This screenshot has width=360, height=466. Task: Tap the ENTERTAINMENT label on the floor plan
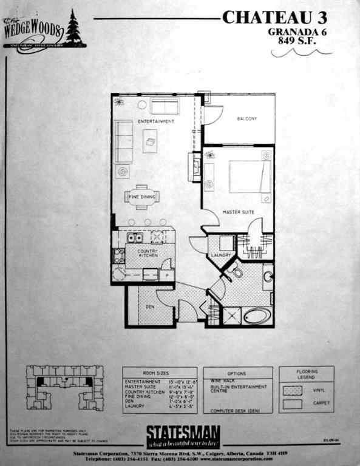tap(156, 122)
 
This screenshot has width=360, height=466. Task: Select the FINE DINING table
tap(141, 197)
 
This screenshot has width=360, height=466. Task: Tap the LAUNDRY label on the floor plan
tap(222, 255)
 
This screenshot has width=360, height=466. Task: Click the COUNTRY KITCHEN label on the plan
tap(148, 253)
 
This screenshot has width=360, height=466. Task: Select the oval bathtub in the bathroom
tap(257, 316)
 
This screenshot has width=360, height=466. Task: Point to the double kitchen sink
tap(135, 238)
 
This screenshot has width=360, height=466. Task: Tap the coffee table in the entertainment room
tap(150, 141)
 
